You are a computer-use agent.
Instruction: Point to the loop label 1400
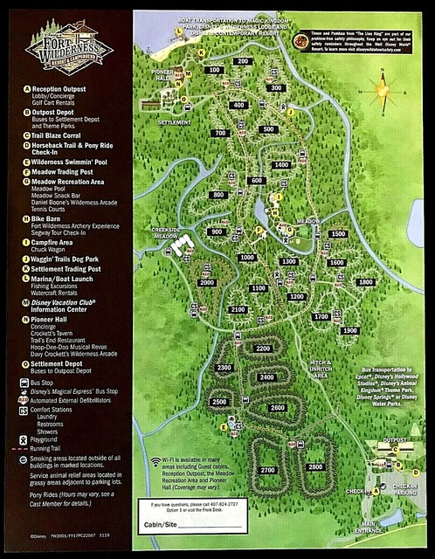coord(280,164)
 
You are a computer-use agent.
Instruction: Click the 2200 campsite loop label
coord(263,349)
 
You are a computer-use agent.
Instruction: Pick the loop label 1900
coord(350,331)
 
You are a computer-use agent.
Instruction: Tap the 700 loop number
coord(220,134)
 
